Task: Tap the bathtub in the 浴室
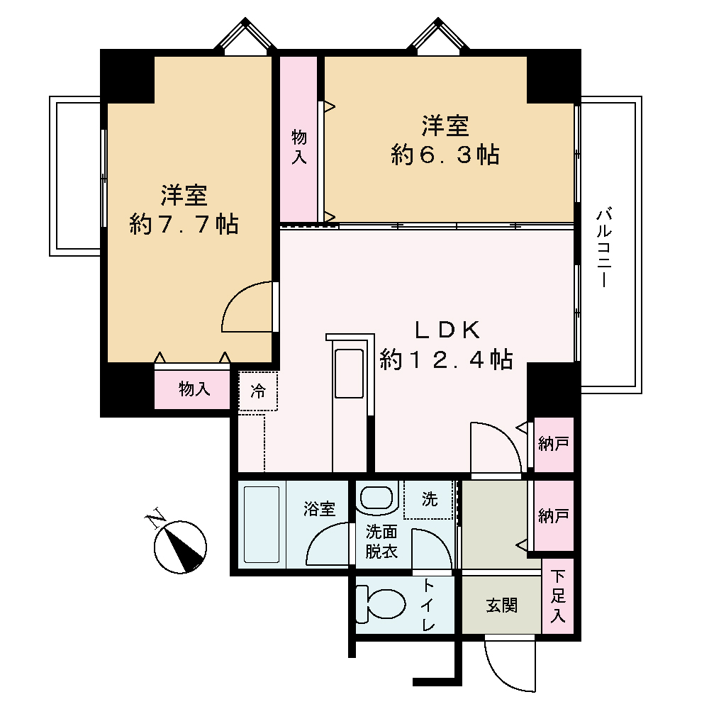[x=262, y=524]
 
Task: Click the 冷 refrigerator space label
[x=258, y=391]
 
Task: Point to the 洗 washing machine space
[x=428, y=500]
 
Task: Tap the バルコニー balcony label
[x=604, y=247]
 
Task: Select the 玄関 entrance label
[x=501, y=605]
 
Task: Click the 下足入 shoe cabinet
[x=558, y=596]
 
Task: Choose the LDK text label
[x=447, y=330]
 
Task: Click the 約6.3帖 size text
[x=445, y=155]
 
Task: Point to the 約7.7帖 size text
[x=184, y=224]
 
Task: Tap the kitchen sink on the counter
[x=349, y=374]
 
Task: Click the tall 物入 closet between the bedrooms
[x=298, y=139]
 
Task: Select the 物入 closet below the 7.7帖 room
[x=192, y=389]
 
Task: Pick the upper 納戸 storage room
[x=554, y=444]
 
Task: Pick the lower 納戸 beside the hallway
[x=554, y=515]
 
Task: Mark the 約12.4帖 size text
[x=446, y=360]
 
